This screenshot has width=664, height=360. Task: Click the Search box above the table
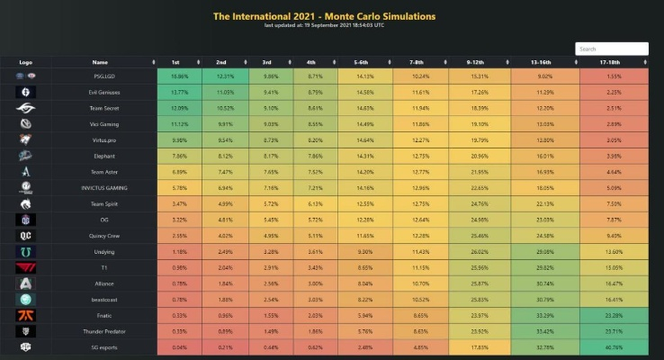[x=611, y=49]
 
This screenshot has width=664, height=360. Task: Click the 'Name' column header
[x=99, y=62]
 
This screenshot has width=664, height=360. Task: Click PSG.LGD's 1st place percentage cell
[x=180, y=77]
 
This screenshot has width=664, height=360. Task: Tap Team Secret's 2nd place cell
[x=225, y=106]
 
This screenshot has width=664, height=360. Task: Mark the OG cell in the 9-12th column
[x=479, y=219]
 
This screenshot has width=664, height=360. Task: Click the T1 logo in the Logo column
[x=25, y=267]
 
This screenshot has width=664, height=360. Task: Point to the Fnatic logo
[x=25, y=316]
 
